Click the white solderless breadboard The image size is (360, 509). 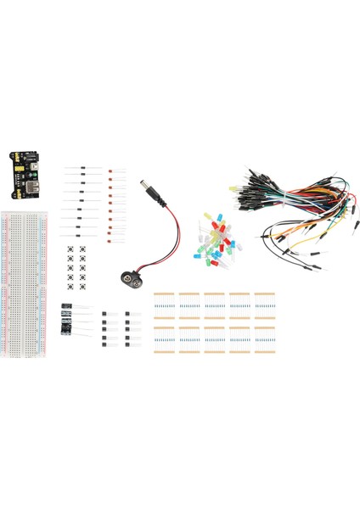[x=26, y=271]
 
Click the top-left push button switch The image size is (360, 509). [x=70, y=248]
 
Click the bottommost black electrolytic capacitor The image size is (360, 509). [x=66, y=329]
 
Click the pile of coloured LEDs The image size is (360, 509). [x=219, y=240]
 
